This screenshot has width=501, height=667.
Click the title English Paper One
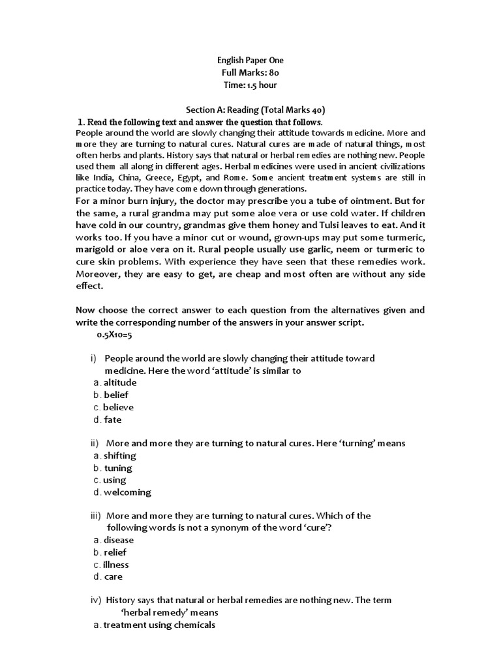(x=251, y=61)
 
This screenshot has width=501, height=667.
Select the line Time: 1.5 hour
(x=251, y=85)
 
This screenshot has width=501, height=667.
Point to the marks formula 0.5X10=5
(x=114, y=334)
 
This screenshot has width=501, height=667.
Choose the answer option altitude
(x=119, y=382)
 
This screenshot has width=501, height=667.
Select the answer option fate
(x=112, y=419)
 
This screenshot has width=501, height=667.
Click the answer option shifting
(x=119, y=455)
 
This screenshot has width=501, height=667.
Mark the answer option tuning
(x=117, y=468)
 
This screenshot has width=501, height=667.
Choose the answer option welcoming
(x=127, y=492)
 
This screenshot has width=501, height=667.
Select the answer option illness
(x=115, y=565)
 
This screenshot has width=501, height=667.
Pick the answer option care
(x=112, y=576)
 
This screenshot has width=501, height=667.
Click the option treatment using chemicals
(x=159, y=625)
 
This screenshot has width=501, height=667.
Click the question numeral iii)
(x=97, y=516)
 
